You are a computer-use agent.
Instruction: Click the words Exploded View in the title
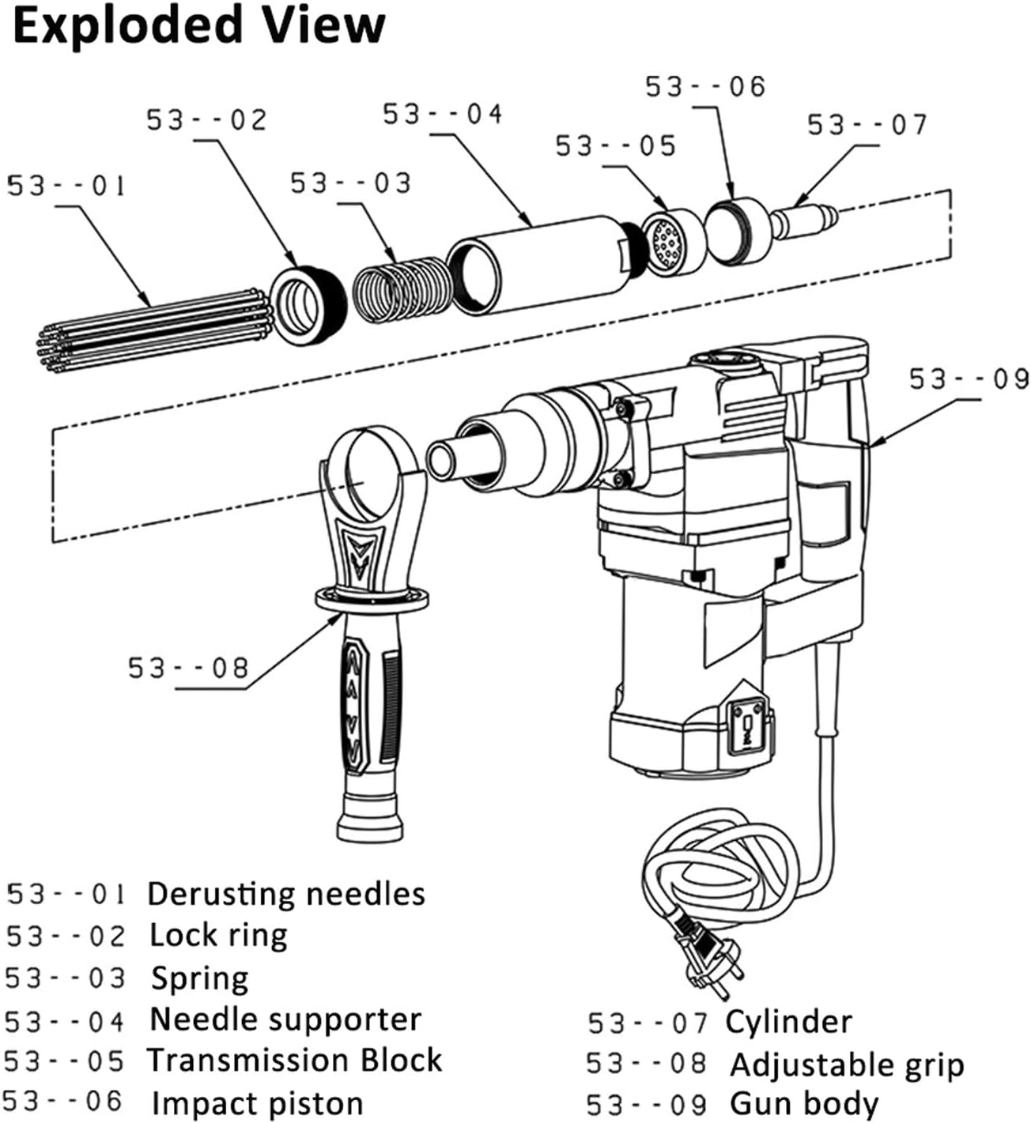click(199, 25)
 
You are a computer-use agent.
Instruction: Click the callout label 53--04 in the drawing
click(443, 115)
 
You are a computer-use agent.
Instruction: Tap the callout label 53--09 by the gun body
click(969, 380)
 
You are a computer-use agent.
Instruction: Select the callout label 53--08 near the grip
click(188, 669)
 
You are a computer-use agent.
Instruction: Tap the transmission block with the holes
click(672, 242)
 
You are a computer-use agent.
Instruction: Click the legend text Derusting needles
click(286, 894)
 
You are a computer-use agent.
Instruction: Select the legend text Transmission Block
click(295, 1061)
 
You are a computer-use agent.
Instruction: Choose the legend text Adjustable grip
click(847, 1065)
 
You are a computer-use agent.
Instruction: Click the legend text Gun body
click(803, 1103)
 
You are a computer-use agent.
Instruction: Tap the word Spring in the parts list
click(200, 978)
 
